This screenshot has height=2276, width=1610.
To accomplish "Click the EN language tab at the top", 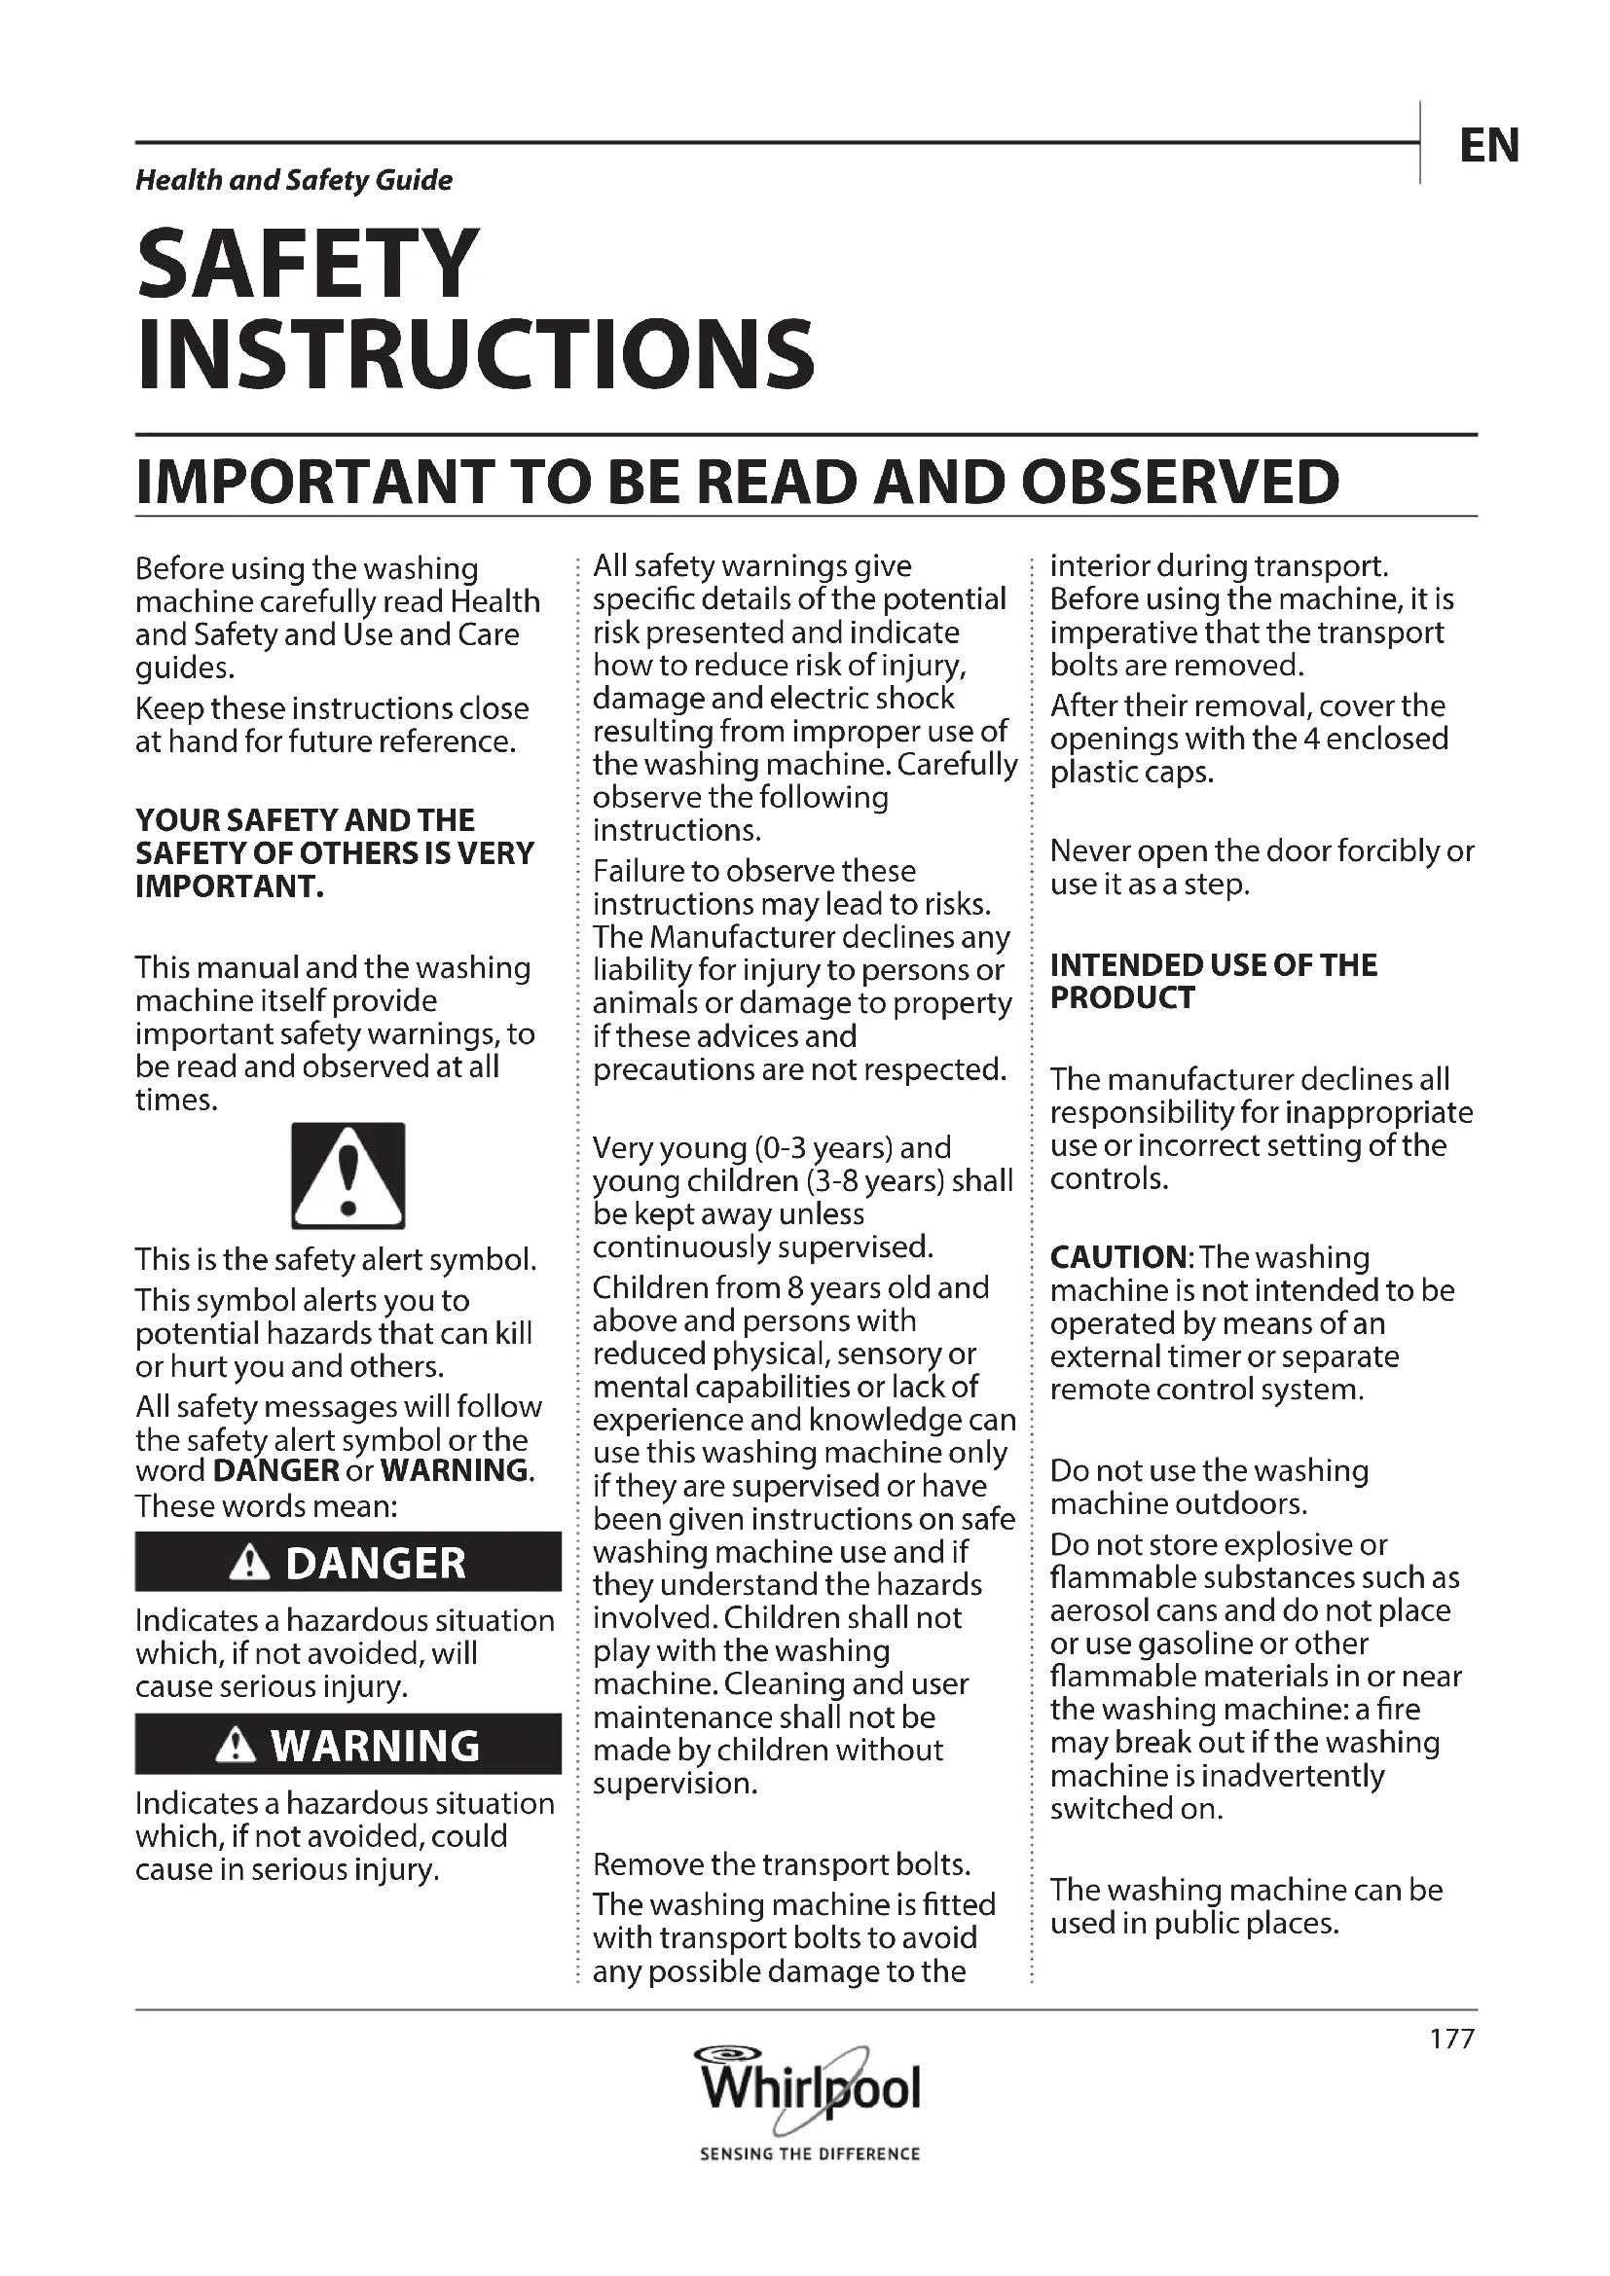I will coord(1488,146).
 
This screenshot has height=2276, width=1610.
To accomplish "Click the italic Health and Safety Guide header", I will coord(293,180).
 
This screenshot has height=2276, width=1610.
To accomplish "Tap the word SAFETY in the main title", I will coord(308,263).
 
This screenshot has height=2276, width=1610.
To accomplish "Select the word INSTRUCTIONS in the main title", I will coord(475,354).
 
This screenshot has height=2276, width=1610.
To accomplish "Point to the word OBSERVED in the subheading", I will coord(1179,483).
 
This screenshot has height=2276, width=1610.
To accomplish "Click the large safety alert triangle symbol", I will coord(348,1175).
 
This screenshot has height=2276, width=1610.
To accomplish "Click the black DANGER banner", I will coord(348,1564).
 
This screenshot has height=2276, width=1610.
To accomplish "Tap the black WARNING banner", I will coord(348,1746).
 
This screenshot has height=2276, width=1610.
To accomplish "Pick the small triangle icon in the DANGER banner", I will coord(249,1564).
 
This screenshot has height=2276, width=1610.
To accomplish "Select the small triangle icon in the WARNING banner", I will coord(235,1746).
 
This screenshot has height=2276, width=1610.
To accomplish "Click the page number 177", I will coord(1452,2039).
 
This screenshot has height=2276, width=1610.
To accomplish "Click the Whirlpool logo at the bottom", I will coord(811,2088).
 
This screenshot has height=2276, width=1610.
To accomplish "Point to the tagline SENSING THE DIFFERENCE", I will coord(810,2154).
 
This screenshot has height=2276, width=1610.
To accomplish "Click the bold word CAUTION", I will coord(1117,1257).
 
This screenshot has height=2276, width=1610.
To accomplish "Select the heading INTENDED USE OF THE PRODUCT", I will coord(1213,982).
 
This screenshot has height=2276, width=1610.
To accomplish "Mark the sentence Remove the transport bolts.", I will coord(782,1864).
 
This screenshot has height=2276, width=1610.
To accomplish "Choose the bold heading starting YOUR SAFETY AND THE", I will coord(334,853).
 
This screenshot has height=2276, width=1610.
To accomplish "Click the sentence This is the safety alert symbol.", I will coord(336,1260).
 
